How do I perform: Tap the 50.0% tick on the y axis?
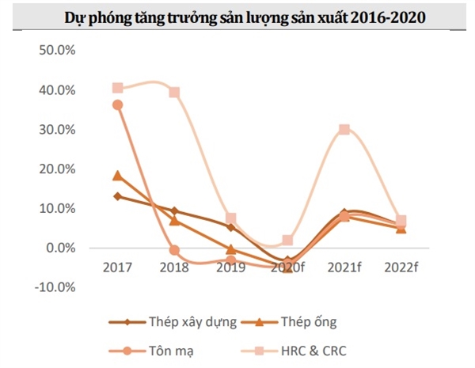point(55,51)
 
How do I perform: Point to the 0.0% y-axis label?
point(59,248)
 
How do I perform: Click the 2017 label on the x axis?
point(117,268)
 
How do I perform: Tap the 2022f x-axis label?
point(401,268)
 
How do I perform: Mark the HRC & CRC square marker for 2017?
point(117,88)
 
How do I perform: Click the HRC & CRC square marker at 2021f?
point(344,130)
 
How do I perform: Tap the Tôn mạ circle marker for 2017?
point(117,104)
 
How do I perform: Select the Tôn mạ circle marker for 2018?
point(174,250)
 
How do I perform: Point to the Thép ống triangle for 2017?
point(117,176)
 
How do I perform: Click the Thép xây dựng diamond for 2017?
point(117,196)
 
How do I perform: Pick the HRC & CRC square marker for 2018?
point(174,93)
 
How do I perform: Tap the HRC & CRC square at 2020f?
point(287,241)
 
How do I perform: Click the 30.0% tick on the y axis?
point(55,130)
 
